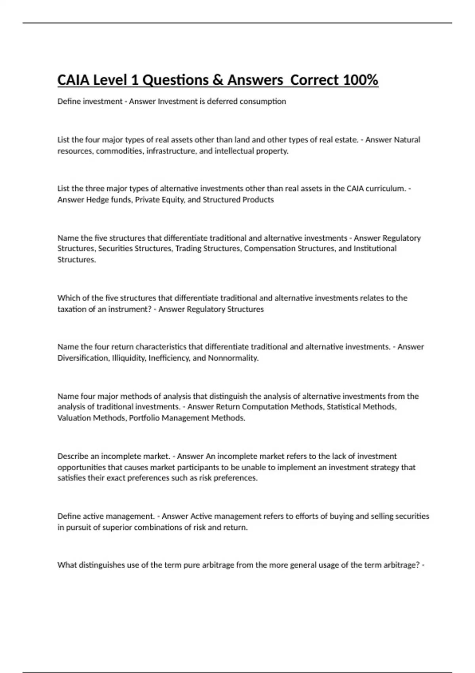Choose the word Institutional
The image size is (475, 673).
375,249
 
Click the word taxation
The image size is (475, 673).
72,309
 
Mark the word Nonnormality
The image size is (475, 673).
233,358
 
